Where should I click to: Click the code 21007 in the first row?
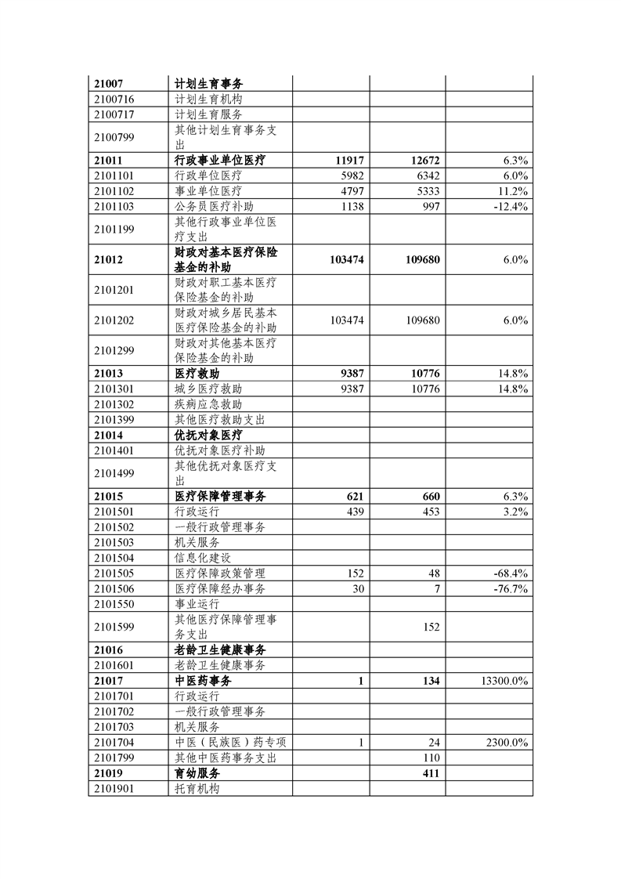(x=109, y=84)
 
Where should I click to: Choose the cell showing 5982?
(x=351, y=175)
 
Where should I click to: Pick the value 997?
(x=429, y=206)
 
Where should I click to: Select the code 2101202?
(x=114, y=320)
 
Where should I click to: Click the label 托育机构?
(x=197, y=788)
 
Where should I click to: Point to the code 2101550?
(x=114, y=604)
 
